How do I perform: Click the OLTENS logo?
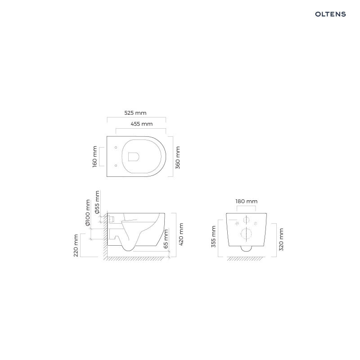[330, 14]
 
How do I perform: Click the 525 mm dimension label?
[135, 113]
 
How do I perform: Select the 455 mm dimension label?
[142, 124]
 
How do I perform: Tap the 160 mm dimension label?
[94, 157]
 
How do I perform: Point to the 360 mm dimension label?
[178, 158]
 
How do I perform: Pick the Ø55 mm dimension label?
[97, 202]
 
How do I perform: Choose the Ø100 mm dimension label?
[87, 212]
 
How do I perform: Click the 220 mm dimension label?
[76, 245]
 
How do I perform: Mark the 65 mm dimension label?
[166, 239]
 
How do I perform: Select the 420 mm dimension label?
[181, 234]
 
